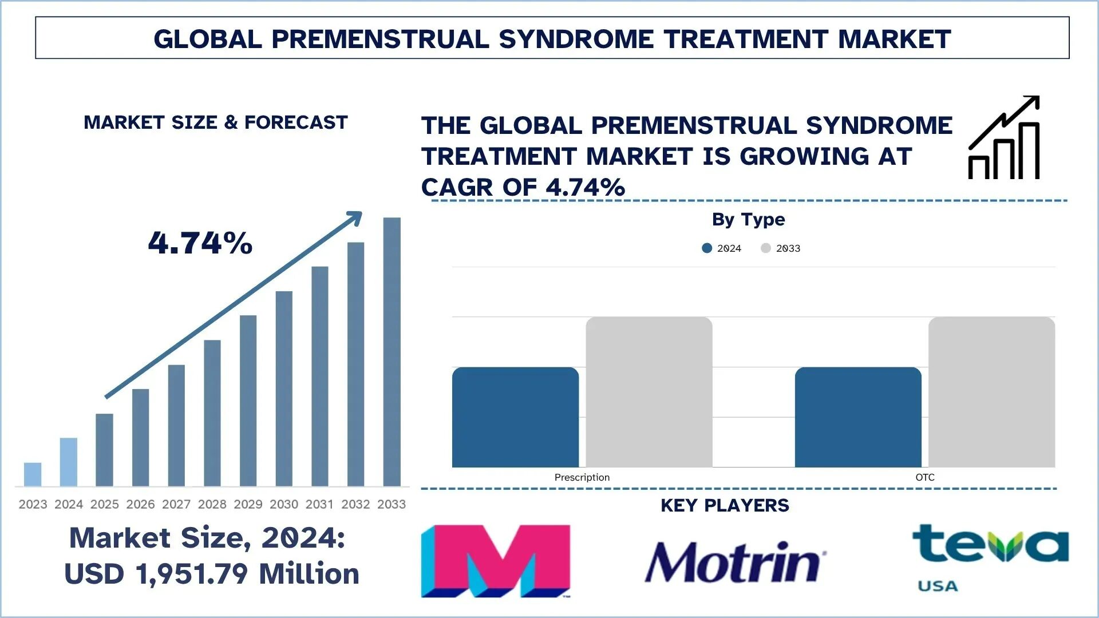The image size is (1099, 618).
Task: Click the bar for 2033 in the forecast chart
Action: (392, 351)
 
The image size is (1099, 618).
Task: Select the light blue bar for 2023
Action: (33, 474)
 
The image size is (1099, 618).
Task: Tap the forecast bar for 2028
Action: (212, 413)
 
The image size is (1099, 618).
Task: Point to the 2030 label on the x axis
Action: (284, 504)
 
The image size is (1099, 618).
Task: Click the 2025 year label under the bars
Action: (104, 504)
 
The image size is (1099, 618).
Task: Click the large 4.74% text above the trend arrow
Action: (200, 243)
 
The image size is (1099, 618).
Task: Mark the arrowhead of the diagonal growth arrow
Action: (355, 217)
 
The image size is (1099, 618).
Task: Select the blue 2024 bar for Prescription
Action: (515, 417)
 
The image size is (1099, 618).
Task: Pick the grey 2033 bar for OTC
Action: (991, 392)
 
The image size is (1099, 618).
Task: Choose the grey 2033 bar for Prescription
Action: (649, 392)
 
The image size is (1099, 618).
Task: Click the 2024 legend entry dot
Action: (707, 248)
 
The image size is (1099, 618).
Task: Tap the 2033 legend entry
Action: (781, 248)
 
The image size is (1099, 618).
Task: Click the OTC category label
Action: (924, 477)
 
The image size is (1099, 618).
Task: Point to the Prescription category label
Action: (582, 477)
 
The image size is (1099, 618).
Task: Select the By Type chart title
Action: (748, 219)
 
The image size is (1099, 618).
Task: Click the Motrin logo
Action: (735, 562)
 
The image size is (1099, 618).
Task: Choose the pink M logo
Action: (496, 561)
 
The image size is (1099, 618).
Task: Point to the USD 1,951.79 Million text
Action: (211, 574)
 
